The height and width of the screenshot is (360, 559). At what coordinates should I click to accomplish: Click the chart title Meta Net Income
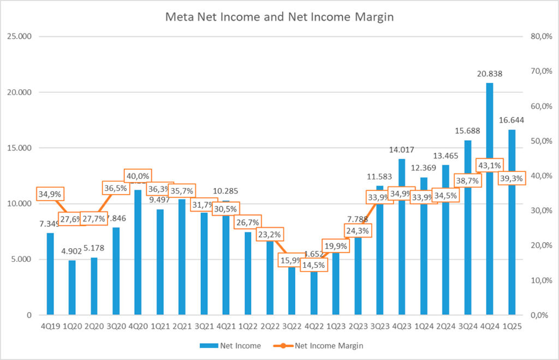[279, 17]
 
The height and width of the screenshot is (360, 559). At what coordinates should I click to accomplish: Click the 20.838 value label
[489, 74]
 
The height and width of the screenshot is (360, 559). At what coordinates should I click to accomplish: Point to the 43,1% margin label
[489, 164]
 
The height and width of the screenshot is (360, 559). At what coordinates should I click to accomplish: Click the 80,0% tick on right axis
[540, 37]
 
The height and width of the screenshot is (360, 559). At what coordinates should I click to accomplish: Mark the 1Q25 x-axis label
[512, 327]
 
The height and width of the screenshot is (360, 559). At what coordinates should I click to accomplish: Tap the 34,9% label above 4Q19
[50, 194]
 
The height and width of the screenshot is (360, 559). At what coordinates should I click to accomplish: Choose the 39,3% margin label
[512, 178]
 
